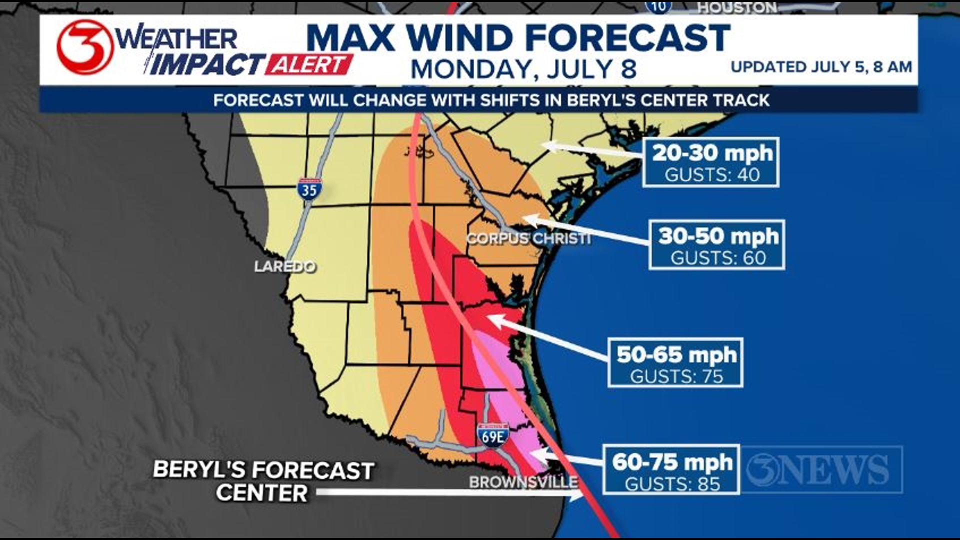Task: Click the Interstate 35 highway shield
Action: (x=309, y=189)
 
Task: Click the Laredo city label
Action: (x=285, y=266)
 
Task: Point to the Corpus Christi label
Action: (x=528, y=238)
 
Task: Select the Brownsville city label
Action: (x=523, y=482)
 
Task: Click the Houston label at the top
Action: (x=737, y=7)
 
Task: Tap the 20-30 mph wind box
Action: (x=710, y=162)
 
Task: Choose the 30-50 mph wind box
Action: (x=716, y=245)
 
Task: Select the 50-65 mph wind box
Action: (x=675, y=362)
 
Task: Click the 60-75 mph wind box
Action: (x=671, y=469)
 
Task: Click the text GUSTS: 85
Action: (x=672, y=484)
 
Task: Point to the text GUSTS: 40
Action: (x=712, y=175)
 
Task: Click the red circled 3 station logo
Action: (x=84, y=47)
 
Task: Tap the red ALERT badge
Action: (x=309, y=65)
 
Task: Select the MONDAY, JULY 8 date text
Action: (x=523, y=69)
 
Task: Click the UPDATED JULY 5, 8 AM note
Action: (x=821, y=67)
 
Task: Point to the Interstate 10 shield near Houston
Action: (x=658, y=6)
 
